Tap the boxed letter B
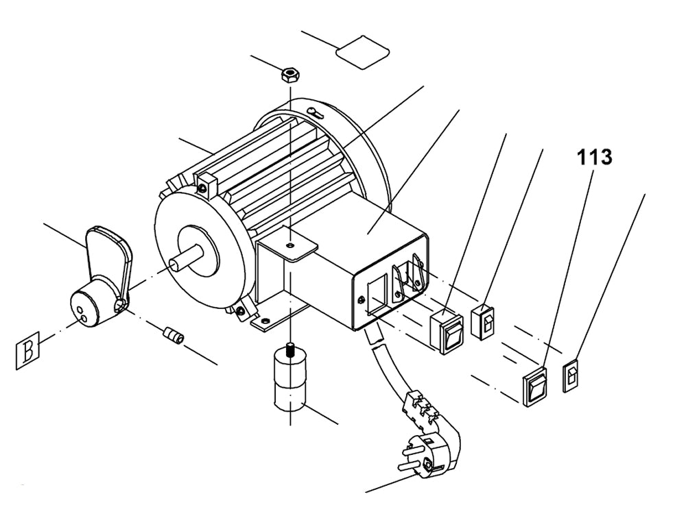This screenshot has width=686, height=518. coord(28,350)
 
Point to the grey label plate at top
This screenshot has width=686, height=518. coord(362,51)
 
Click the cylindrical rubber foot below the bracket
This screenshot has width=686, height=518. coord(289,384)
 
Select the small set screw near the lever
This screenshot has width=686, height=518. coord(174,336)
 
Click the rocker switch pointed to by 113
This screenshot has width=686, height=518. coord(537,386)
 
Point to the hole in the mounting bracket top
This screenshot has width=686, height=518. coord(291,243)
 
